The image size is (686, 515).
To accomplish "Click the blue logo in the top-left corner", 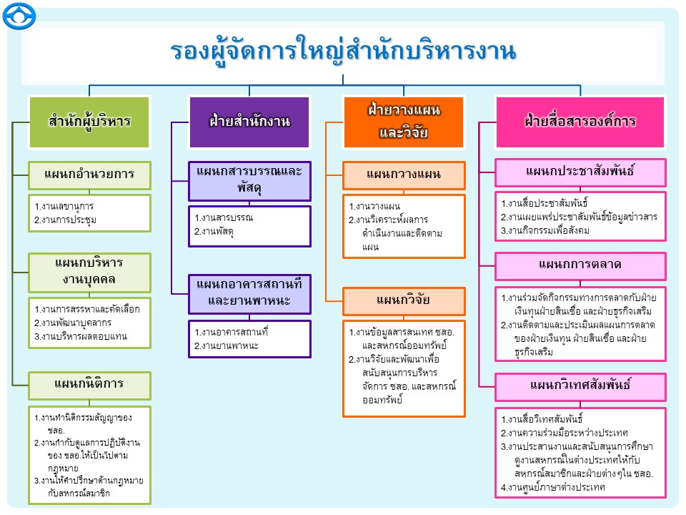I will [19, 15].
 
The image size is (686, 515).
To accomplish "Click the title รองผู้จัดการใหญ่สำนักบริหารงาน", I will [343, 51].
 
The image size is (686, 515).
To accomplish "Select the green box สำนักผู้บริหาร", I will [90, 120].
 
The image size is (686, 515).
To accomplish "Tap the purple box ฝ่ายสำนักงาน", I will [250, 121].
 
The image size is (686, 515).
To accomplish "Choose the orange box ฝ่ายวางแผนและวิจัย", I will [404, 121].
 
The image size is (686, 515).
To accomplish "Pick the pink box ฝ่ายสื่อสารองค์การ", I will [580, 121].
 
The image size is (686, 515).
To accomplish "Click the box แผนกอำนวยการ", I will [90, 173].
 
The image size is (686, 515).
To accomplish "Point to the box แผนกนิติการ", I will [90, 384].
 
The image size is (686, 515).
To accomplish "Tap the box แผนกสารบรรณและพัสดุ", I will [250, 181].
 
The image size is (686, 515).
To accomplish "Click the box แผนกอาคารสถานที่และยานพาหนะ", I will [250, 293].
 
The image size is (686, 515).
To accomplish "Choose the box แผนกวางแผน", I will [404, 175].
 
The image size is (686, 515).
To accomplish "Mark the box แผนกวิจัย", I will [404, 300].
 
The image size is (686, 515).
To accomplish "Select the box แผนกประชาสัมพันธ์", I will [580, 172].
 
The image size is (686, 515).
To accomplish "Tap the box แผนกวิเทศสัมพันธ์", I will [580, 386].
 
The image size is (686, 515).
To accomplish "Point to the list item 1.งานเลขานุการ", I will [64, 207].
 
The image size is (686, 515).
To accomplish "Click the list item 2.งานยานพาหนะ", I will [227, 346].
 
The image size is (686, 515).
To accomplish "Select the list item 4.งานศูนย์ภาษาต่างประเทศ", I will [553, 488].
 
